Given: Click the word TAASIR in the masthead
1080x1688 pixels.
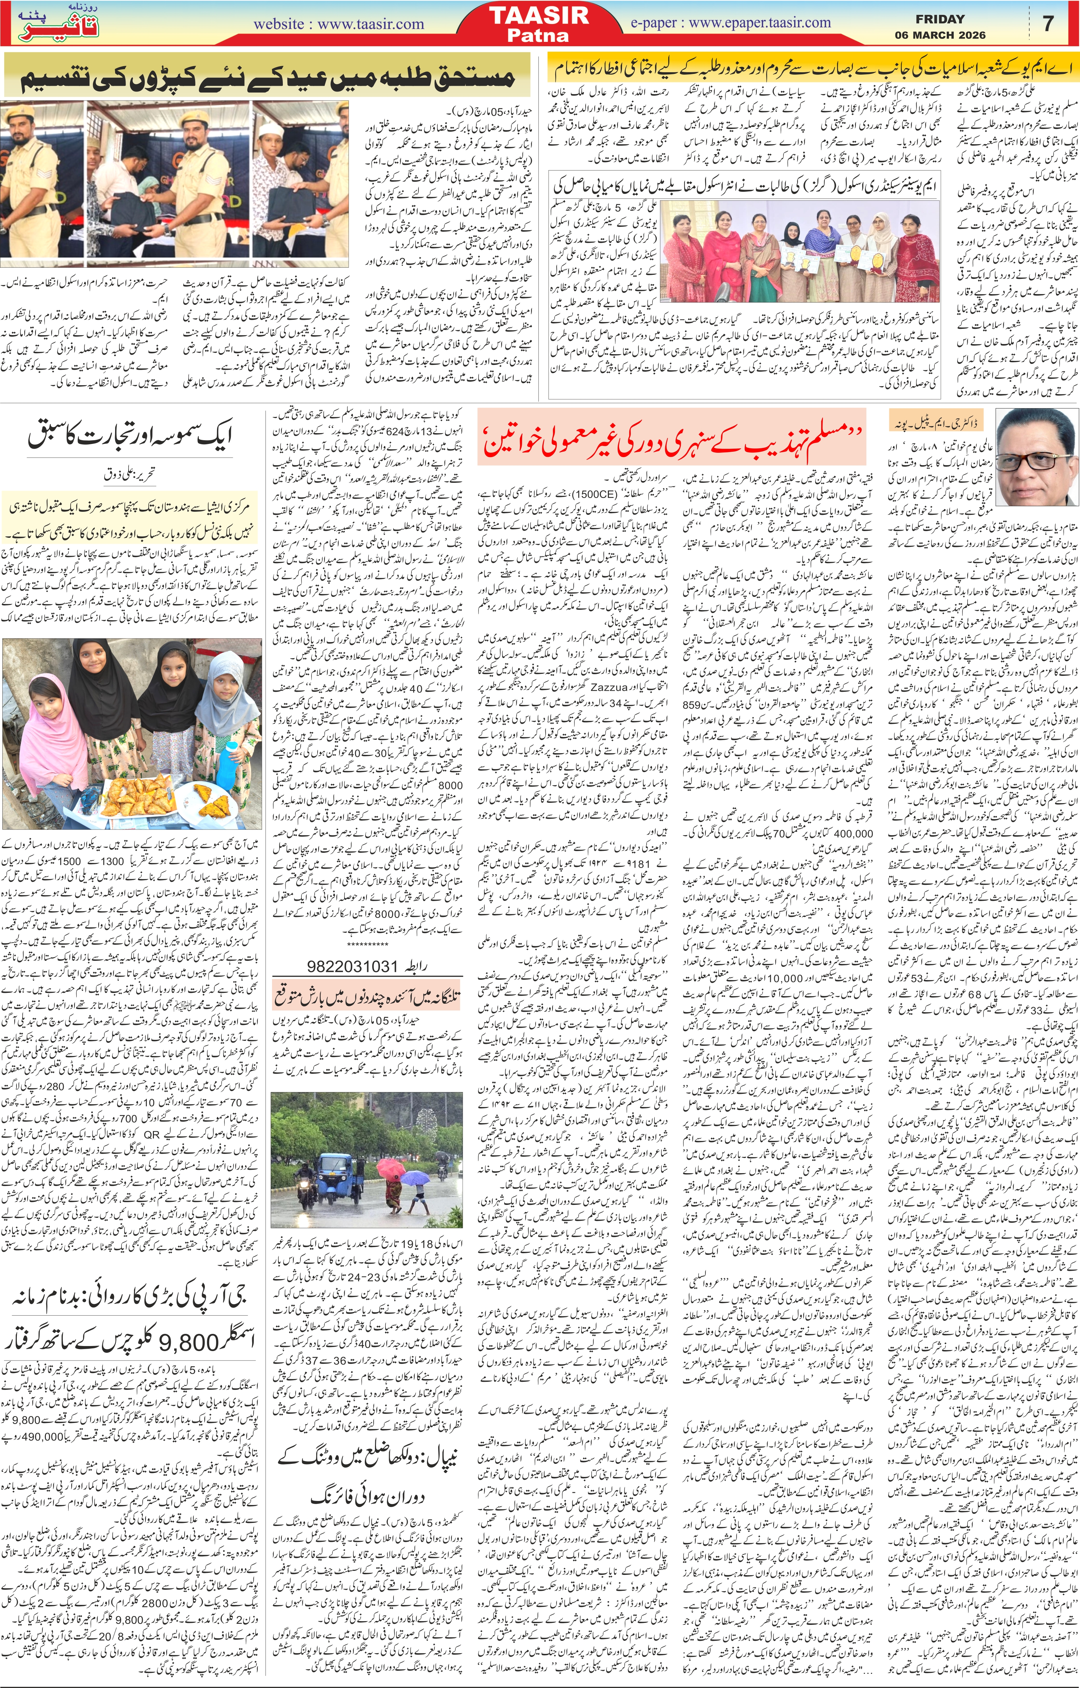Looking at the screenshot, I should [539, 16].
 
